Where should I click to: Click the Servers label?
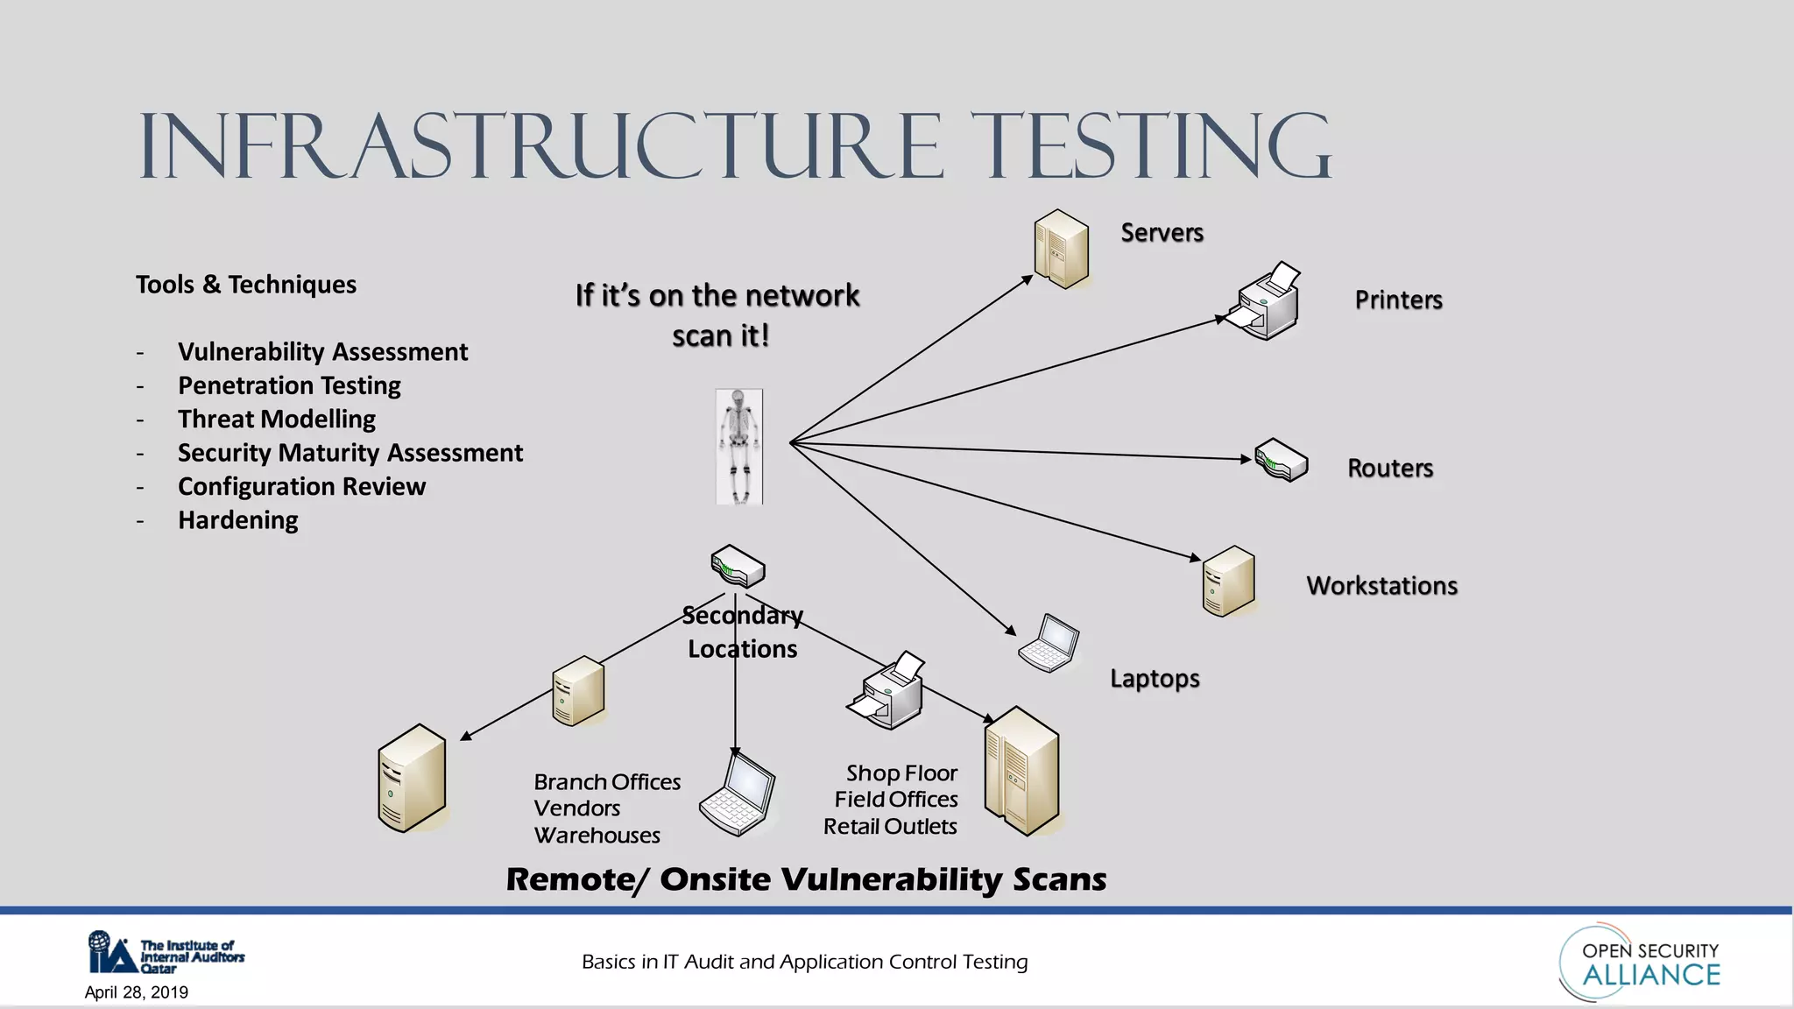click(1162, 232)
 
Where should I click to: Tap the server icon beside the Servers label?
click(1061, 250)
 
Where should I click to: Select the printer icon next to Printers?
click(1263, 302)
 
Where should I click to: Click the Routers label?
click(1389, 468)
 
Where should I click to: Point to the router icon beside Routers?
click(1281, 461)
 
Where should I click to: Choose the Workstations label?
click(1381, 585)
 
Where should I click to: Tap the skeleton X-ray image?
click(739, 447)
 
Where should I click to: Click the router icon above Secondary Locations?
click(738, 567)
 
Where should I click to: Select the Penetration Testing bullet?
click(289, 385)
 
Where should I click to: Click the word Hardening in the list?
click(237, 520)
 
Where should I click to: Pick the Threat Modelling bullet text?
click(276, 419)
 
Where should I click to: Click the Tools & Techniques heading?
click(245, 285)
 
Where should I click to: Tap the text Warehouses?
click(597, 836)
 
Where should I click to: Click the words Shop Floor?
click(901, 773)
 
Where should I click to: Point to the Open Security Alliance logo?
click(1640, 963)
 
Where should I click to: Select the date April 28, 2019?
click(136, 992)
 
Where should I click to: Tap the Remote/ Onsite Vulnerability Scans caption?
click(806, 879)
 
